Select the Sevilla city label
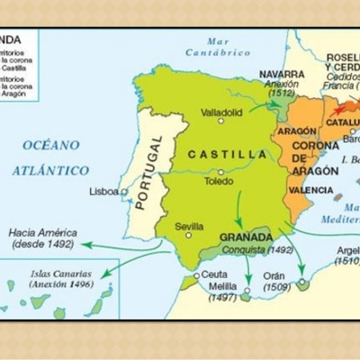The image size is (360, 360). (189, 225)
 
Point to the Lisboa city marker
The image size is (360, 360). (122, 191)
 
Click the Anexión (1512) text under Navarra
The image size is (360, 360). (281, 90)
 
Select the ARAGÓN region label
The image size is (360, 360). (297, 130)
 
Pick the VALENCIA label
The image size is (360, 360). (310, 191)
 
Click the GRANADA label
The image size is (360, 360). (241, 238)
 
